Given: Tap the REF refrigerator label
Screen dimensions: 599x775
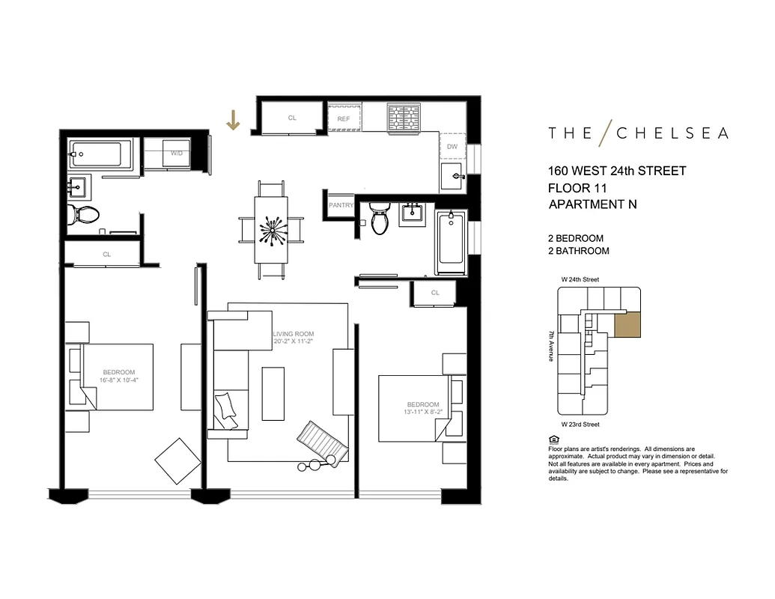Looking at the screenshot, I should point(344,119).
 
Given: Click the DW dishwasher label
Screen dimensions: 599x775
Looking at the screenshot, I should point(452,147).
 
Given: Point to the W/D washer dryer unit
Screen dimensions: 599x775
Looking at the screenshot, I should point(177,153).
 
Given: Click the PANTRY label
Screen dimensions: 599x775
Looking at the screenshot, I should point(340,205).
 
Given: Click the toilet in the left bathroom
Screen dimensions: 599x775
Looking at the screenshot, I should point(81,215).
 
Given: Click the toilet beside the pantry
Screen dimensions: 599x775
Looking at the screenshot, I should point(380,219).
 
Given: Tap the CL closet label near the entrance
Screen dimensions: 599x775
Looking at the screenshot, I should point(292,118).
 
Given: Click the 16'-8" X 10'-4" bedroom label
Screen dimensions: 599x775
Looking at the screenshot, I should point(119,377).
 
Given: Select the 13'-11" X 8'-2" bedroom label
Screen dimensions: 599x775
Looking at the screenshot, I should point(424,408).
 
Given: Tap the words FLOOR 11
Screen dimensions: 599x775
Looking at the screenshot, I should point(577,187).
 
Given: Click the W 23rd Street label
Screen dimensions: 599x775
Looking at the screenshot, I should point(580,425).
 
